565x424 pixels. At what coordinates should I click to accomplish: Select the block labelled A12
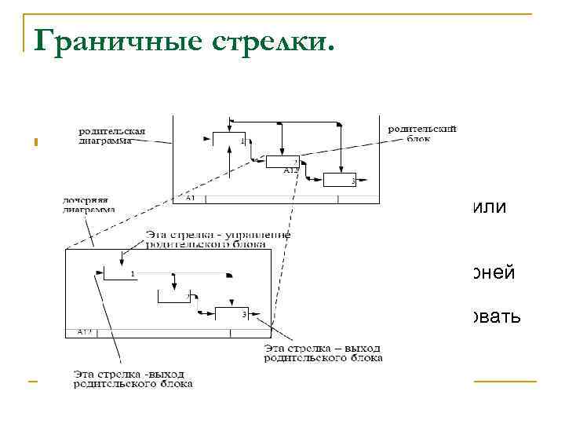282,163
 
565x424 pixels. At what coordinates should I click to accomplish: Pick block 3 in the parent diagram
340,179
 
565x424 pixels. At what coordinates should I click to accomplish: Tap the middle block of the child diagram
173,296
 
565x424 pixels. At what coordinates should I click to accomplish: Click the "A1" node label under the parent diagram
191,199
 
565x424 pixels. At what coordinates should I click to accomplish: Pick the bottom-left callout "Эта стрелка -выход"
133,378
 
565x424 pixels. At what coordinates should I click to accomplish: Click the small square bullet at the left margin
36,142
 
